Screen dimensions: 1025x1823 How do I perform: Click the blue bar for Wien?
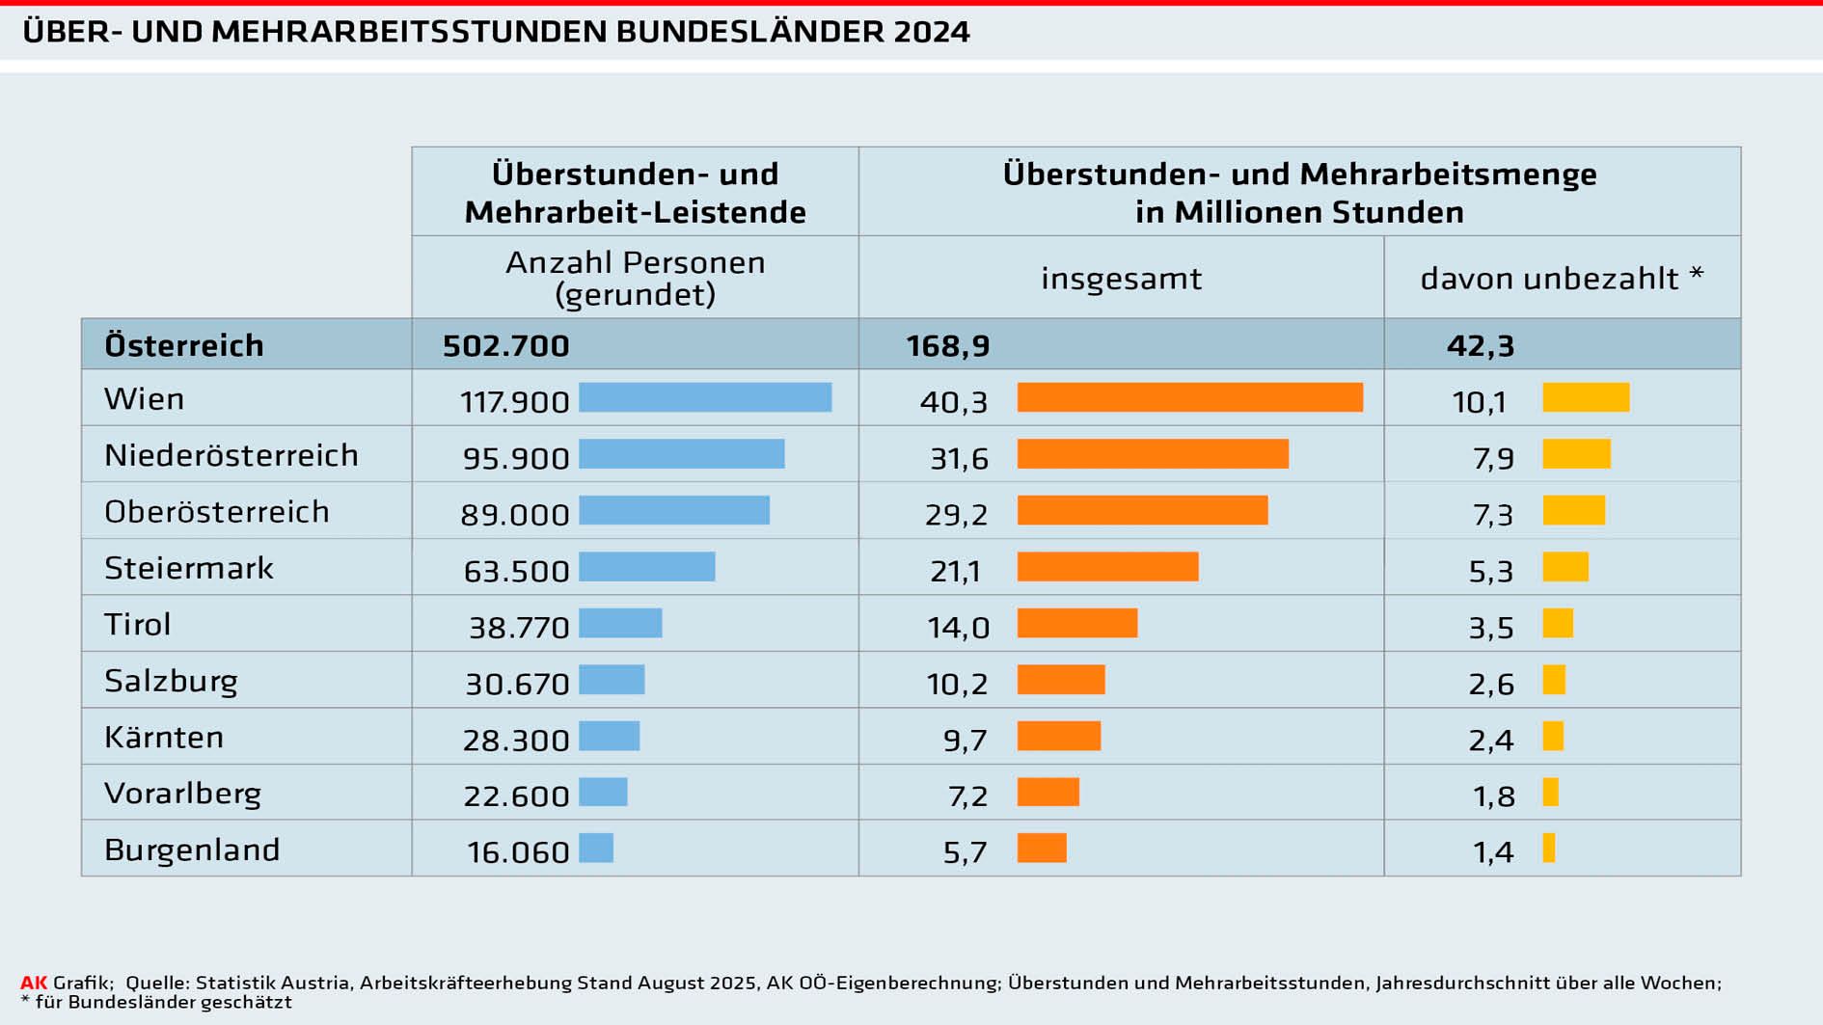tap(705, 397)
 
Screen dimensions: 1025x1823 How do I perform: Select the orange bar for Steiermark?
tap(1107, 567)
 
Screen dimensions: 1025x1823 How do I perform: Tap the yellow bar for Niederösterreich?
tap(1576, 454)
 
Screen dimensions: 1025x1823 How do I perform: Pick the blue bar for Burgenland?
tap(596, 849)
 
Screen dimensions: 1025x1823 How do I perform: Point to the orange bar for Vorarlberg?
tap(1048, 793)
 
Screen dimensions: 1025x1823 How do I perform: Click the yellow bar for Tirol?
tap(1558, 623)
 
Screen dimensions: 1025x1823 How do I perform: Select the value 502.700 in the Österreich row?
tap(505, 345)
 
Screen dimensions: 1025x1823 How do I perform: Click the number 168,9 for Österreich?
tap(947, 345)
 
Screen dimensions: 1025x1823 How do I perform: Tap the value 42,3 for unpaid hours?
tap(1480, 345)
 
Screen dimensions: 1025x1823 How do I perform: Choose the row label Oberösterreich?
tap(216, 511)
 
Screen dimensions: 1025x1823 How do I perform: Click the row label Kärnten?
tap(164, 737)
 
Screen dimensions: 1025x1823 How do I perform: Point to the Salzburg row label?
tap(171, 681)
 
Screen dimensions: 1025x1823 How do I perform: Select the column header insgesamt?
tap(1121, 279)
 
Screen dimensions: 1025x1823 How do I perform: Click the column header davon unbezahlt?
tap(1561, 279)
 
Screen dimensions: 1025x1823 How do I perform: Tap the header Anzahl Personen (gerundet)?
tap(635, 278)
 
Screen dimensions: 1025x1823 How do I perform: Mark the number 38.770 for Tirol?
tap(519, 628)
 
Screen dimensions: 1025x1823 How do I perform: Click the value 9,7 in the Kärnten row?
tap(965, 741)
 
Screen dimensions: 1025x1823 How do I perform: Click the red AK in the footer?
tap(34, 983)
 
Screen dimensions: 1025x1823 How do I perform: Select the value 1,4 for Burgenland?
tap(1493, 852)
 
